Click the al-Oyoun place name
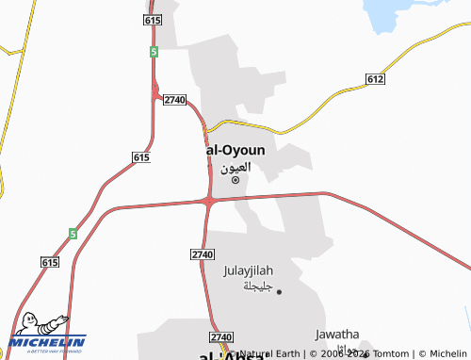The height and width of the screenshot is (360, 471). [x=235, y=150]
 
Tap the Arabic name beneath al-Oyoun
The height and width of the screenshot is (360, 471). [x=236, y=166]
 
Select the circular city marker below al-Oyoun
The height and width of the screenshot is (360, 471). [x=235, y=179]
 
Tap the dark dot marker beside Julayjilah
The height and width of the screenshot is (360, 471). [x=279, y=292]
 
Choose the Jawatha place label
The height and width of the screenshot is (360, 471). [x=337, y=334]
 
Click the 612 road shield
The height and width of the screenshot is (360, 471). [x=374, y=79]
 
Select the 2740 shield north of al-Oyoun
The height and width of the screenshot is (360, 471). [x=174, y=99]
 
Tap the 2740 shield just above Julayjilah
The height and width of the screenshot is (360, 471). [x=202, y=254]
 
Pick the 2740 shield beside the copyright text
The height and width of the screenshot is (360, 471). [x=221, y=336]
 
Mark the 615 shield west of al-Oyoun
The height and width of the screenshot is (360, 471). [x=142, y=156]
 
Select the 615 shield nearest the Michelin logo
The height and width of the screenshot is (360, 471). [x=50, y=261]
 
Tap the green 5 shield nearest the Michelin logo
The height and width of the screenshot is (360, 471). [x=72, y=233]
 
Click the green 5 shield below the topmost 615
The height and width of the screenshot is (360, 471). [x=153, y=53]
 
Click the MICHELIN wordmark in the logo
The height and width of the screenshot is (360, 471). [x=47, y=341]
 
